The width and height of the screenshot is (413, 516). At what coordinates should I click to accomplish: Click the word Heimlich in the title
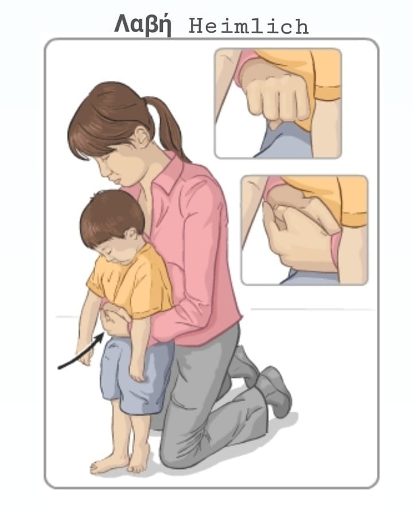click(x=248, y=26)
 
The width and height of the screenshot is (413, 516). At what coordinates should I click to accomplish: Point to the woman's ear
click(x=143, y=136)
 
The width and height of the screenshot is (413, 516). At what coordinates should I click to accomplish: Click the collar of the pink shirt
click(x=165, y=174)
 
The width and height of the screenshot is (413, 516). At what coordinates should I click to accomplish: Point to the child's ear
click(x=131, y=234)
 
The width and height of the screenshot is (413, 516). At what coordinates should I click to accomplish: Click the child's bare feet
click(x=120, y=461)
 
